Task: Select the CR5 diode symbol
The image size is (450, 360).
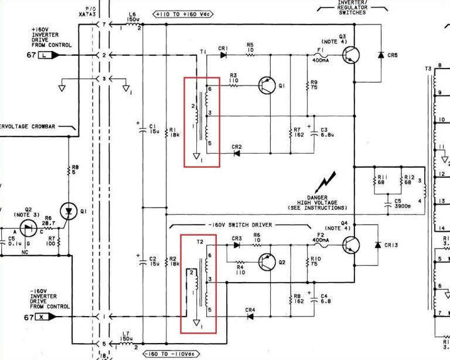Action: click(381, 55)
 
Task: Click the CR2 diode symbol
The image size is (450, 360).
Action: click(237, 154)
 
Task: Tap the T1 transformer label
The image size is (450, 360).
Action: click(203, 53)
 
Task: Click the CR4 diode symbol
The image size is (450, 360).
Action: click(250, 317)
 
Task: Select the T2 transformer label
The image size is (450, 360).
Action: click(199, 242)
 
